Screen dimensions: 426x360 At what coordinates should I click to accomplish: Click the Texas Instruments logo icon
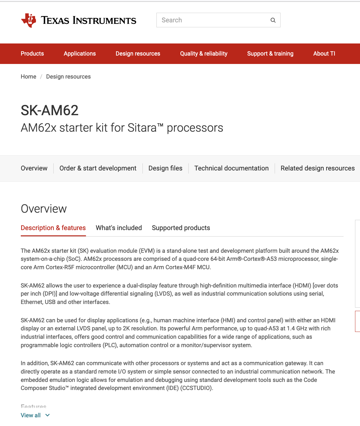pos(29,20)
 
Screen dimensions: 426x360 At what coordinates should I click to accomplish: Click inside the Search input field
pos(211,20)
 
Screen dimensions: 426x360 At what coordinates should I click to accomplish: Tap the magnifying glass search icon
pos(273,20)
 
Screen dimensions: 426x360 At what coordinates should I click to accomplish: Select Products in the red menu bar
pos(32,54)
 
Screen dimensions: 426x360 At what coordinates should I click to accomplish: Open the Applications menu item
pos(80,54)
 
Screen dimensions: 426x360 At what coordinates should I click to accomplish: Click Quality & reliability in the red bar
pos(204,54)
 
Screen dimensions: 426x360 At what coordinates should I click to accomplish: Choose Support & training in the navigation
pos(270,54)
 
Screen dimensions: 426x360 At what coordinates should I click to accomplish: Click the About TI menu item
pos(324,54)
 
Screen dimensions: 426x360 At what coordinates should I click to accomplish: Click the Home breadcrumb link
pos(29,77)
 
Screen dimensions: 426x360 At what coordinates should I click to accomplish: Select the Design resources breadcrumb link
pos(68,77)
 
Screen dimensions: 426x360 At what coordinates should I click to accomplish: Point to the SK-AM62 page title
pos(50,111)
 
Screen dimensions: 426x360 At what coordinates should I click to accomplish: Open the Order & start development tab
pos(98,168)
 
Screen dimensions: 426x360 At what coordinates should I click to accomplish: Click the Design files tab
pos(165,168)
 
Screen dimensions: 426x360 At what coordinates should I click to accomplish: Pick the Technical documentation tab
pos(232,168)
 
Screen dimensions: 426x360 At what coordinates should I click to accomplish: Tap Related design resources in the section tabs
pos(317,168)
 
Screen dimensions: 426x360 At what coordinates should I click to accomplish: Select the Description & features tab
pos(53,228)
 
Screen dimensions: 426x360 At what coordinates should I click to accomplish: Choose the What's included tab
pos(119,228)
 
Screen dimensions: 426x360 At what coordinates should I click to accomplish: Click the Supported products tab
pos(181,228)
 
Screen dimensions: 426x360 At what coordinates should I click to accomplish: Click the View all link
pos(31,415)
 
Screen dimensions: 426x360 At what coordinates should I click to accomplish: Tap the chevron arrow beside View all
pos(47,415)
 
